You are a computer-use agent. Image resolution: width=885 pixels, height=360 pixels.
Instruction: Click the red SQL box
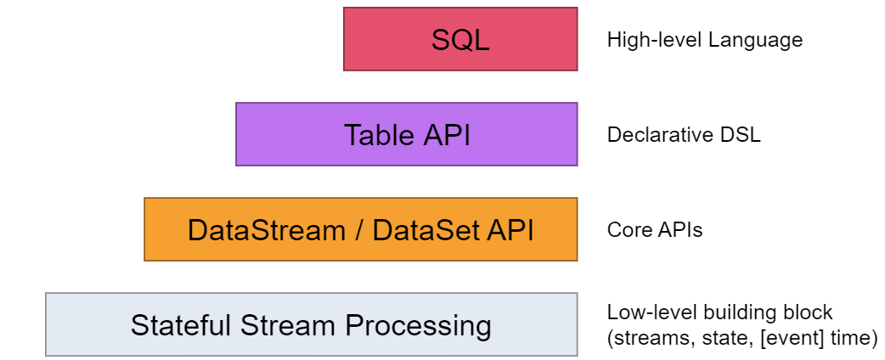pos(460,39)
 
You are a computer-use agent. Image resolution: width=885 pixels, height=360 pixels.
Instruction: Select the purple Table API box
pos(406,134)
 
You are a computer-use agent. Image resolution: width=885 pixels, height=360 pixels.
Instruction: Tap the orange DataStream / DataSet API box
pos(360,229)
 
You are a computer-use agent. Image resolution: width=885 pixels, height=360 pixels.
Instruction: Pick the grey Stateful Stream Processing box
pos(311,324)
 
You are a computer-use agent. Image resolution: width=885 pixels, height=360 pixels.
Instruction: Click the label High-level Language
pos(704,40)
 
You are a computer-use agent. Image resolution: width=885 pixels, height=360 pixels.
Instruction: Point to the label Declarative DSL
pos(683,135)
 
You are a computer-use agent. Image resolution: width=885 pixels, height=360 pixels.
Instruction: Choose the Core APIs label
pos(654,230)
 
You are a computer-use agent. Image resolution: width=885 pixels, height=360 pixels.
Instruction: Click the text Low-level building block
pos(719,312)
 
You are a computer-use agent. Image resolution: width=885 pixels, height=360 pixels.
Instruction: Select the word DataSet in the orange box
pos(412,230)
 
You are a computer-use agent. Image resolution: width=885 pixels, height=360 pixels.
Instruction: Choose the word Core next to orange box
pos(627,230)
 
